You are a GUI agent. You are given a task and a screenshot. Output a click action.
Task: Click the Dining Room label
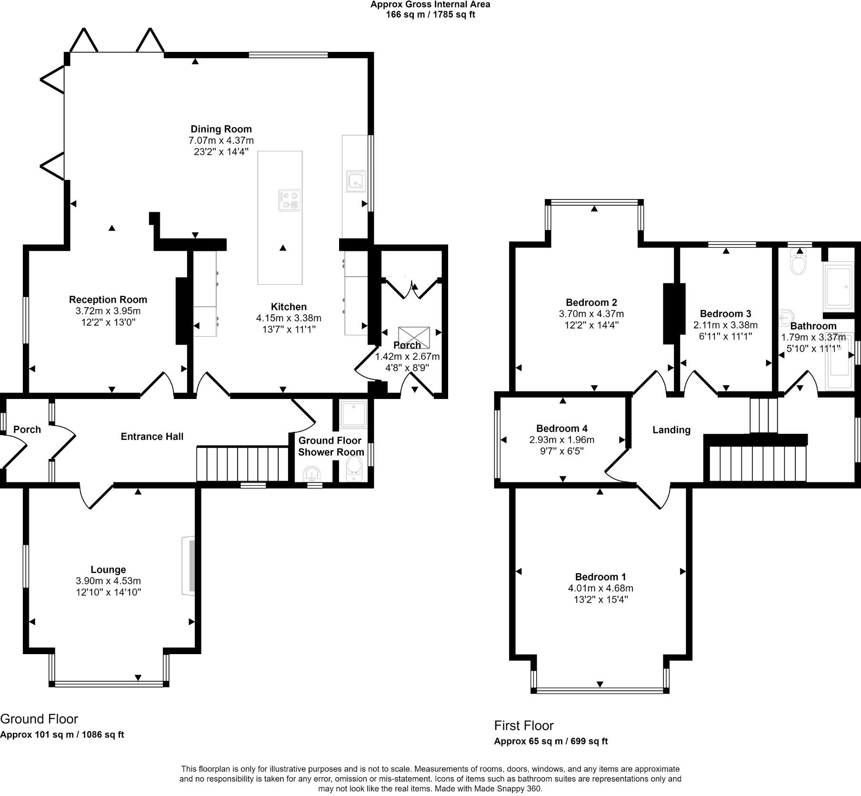221,129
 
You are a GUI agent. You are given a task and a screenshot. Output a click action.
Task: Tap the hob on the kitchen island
290,200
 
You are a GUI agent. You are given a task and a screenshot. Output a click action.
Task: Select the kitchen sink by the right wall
356,181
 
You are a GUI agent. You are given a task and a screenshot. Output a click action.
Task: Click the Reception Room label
108,299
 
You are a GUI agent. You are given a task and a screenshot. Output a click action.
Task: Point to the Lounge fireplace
190,566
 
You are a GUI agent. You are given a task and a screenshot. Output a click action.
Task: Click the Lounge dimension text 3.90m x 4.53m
108,581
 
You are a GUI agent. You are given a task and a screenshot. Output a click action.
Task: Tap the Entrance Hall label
152,437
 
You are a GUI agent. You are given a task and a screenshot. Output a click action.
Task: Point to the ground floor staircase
243,464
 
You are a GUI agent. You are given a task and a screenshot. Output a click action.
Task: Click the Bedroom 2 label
591,302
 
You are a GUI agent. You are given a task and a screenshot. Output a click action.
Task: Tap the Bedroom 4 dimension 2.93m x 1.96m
562,440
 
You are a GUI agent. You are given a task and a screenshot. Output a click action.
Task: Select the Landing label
671,430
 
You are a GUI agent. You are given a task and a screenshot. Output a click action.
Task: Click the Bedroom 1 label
601,577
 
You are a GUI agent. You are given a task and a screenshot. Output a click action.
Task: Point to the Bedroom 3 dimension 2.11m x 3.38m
726,325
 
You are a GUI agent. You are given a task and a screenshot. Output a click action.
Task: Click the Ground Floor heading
39,718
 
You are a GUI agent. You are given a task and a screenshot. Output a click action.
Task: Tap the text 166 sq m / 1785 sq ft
430,15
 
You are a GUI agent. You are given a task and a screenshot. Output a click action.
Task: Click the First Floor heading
524,725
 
